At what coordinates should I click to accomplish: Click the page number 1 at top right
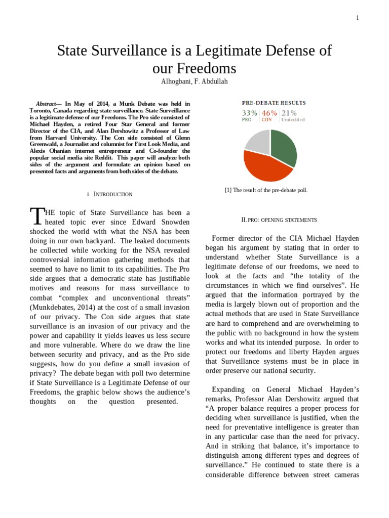point(357,18)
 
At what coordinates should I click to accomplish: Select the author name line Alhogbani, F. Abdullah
point(194,81)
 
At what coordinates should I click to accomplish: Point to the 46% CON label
point(269,116)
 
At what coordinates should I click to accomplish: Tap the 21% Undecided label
point(293,116)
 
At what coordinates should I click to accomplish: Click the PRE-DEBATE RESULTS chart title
point(274,103)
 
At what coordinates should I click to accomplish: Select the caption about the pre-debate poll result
point(266,190)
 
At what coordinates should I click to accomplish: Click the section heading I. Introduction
point(109,194)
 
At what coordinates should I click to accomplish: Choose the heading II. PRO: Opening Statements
point(280,220)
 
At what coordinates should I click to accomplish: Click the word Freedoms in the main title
point(194,68)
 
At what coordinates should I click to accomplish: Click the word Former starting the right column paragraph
point(226,238)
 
